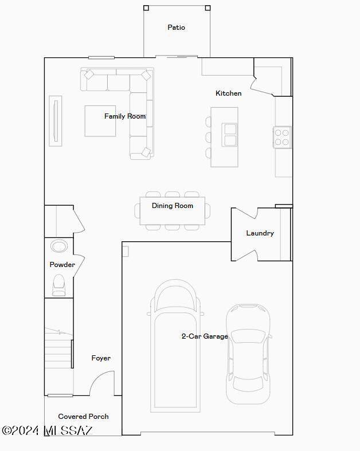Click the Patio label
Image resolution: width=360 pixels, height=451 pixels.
pyautogui.click(x=176, y=28)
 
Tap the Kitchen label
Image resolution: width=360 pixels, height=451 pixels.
pyautogui.click(x=229, y=93)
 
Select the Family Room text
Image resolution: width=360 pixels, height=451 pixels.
pyautogui.click(x=125, y=116)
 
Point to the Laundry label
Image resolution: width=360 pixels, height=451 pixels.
pyautogui.click(x=260, y=233)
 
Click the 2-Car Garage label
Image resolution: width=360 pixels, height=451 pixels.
pyautogui.click(x=205, y=336)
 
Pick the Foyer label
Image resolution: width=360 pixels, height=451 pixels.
pyautogui.click(x=101, y=358)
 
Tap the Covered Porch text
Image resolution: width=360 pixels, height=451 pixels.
pyautogui.click(x=84, y=417)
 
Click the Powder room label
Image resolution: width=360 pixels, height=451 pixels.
pyautogui.click(x=62, y=265)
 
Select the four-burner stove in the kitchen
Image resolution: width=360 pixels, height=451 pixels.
pyautogui.click(x=282, y=137)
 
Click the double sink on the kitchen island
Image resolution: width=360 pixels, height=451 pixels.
pyautogui.click(x=230, y=135)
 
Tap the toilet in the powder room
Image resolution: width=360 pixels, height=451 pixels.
pyautogui.click(x=58, y=285)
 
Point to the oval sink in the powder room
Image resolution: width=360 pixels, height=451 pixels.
pyautogui.click(x=59, y=246)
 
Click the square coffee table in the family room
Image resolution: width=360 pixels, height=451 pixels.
pyautogui.click(x=100, y=121)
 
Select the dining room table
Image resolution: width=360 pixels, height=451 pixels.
pyautogui.click(x=173, y=211)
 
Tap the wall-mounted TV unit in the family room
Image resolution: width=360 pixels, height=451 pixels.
pyautogui.click(x=56, y=121)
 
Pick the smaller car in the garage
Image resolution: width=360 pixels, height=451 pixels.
pyautogui.click(x=248, y=354)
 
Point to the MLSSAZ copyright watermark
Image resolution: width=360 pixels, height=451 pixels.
pyautogui.click(x=47, y=430)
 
